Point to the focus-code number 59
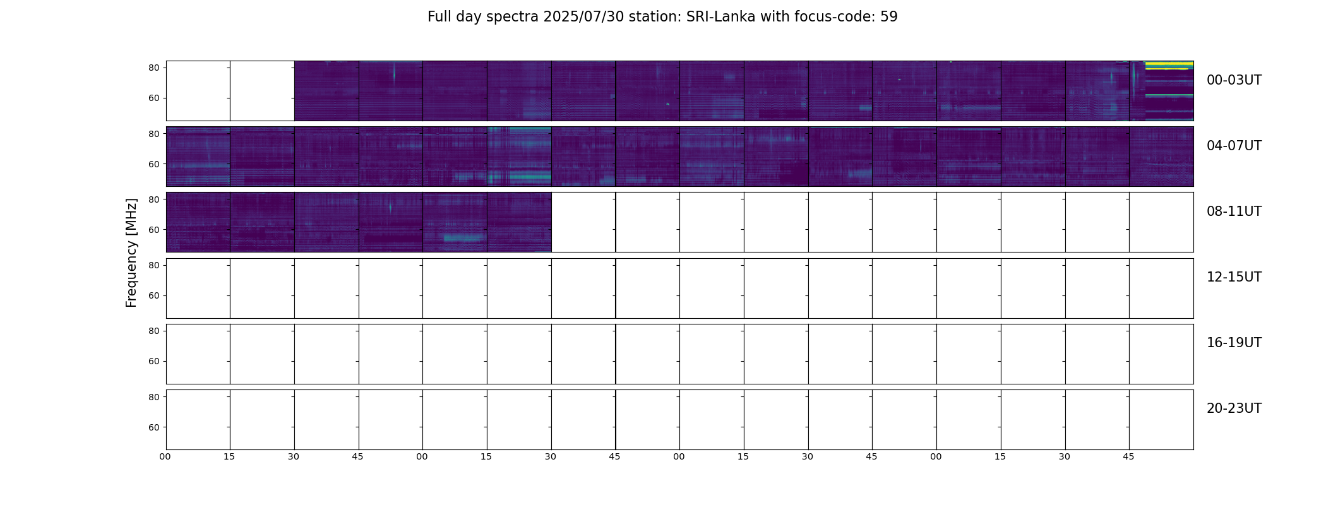pos(889,17)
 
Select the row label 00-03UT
pos(1234,80)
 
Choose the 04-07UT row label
pos(1234,146)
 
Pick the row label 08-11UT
pos(1234,211)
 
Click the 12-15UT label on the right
pos(1234,277)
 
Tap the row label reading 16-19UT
pos(1234,343)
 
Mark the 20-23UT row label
pos(1234,408)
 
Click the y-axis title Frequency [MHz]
pos(131,252)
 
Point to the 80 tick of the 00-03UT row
pos(153,68)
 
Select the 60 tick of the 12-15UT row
pos(153,295)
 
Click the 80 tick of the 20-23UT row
pos(153,397)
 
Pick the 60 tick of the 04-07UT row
pos(153,164)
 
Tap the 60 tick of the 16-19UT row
pos(153,361)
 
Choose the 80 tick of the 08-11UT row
pos(153,199)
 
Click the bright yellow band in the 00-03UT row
pos(1169,64)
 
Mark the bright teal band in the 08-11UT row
pos(464,238)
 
